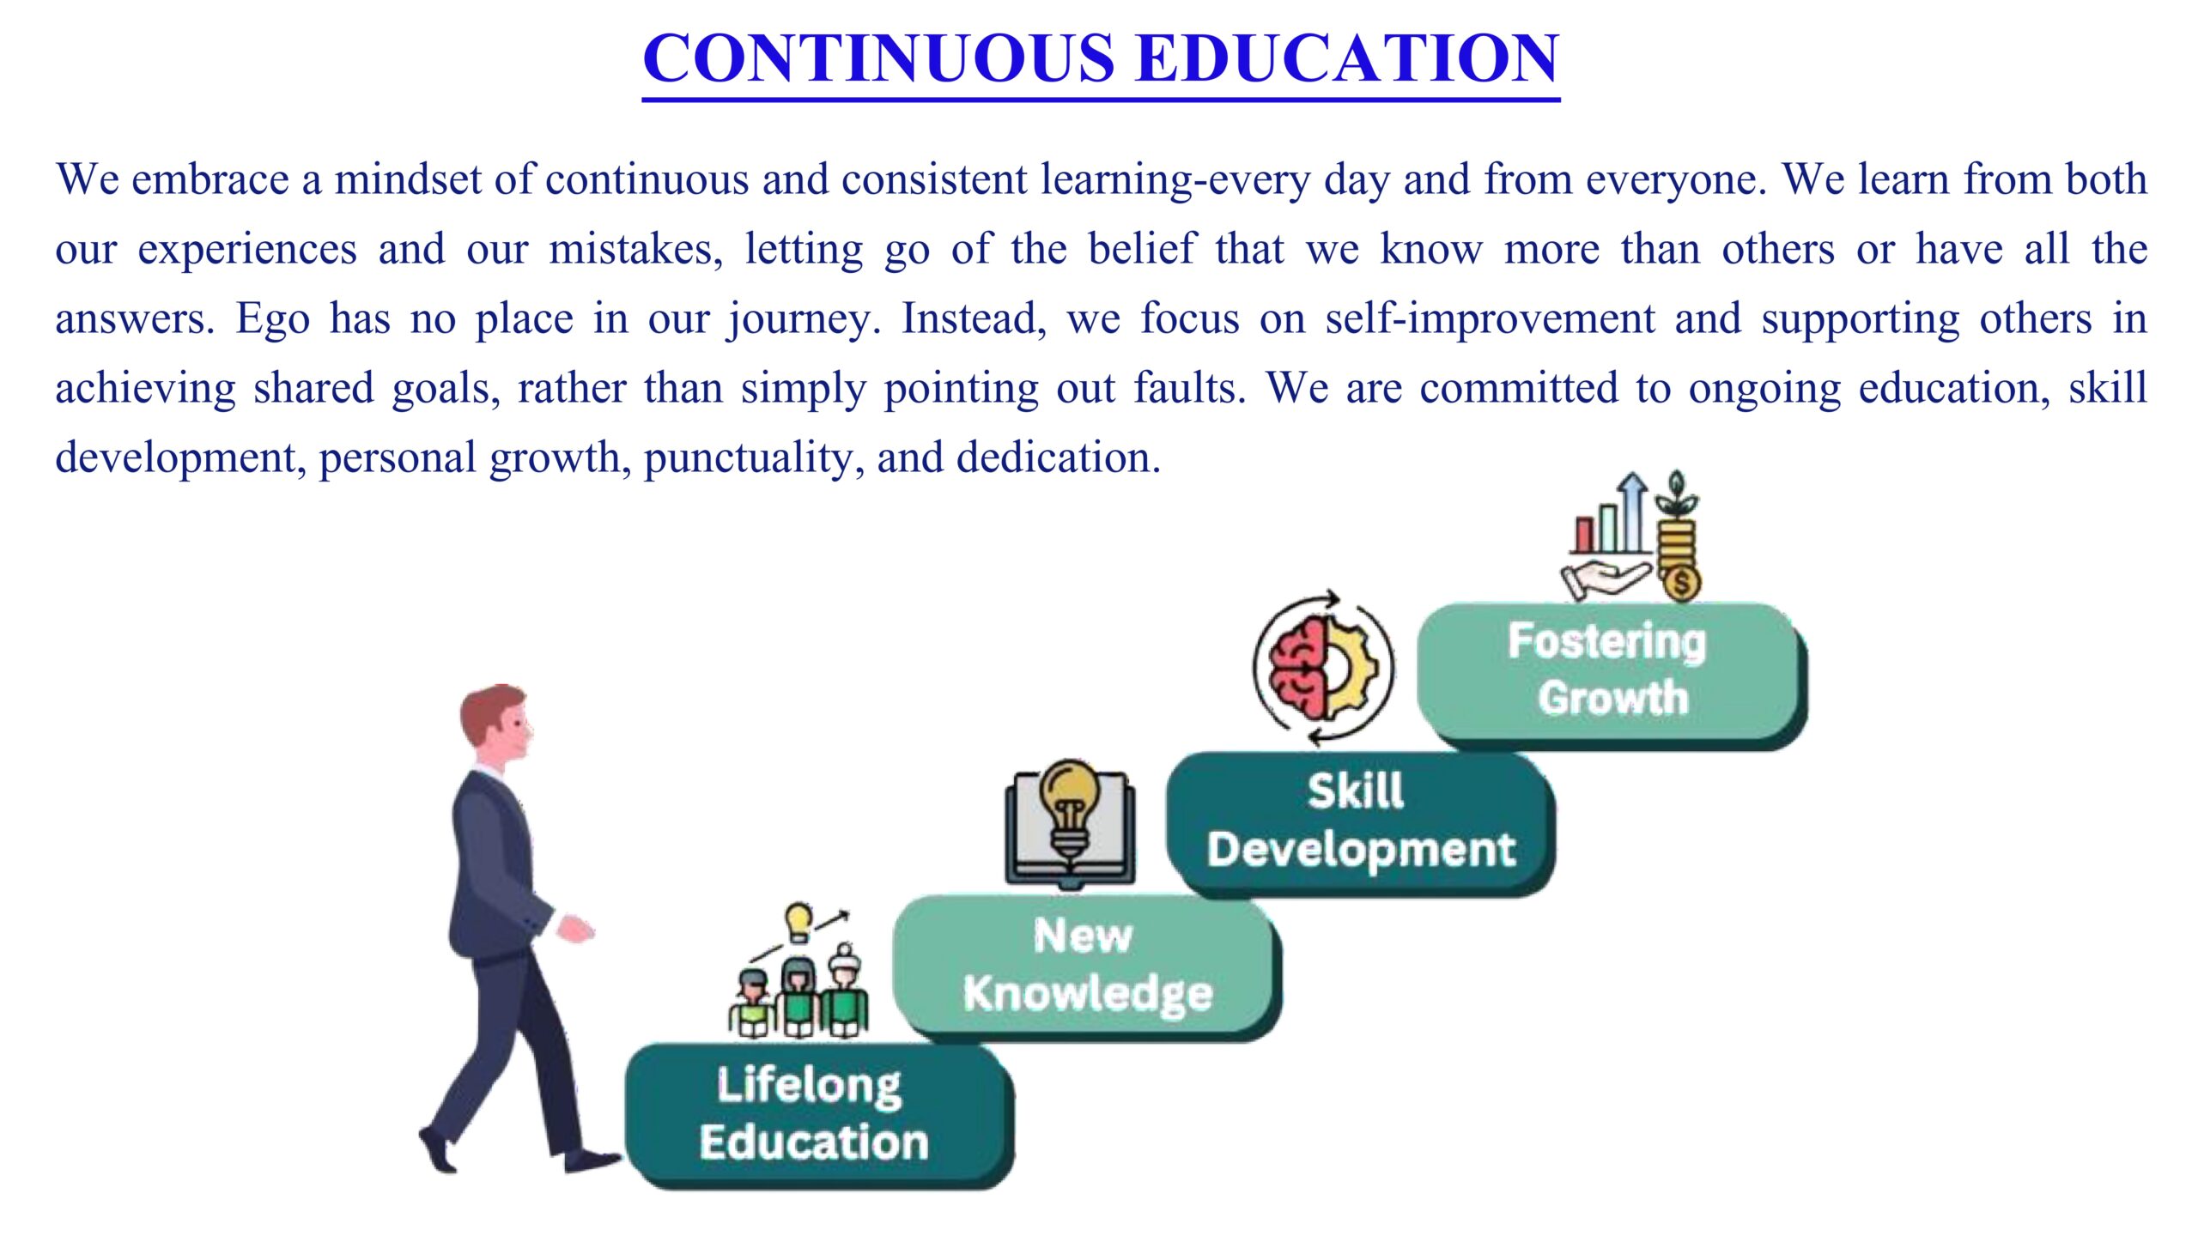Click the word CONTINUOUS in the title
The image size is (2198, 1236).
click(878, 58)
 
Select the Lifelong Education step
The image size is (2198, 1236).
click(820, 1115)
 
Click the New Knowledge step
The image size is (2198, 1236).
click(1087, 966)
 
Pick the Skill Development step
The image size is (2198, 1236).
click(1361, 822)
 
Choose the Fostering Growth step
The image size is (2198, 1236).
click(1612, 675)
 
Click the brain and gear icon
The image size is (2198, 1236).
click(1323, 668)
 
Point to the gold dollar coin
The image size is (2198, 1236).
click(1680, 583)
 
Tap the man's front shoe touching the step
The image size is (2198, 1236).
click(592, 1160)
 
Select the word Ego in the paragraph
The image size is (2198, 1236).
click(273, 318)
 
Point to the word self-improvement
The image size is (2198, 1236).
click(1490, 318)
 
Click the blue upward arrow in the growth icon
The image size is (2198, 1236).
click(1634, 512)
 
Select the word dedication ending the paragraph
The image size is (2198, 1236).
click(1059, 457)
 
